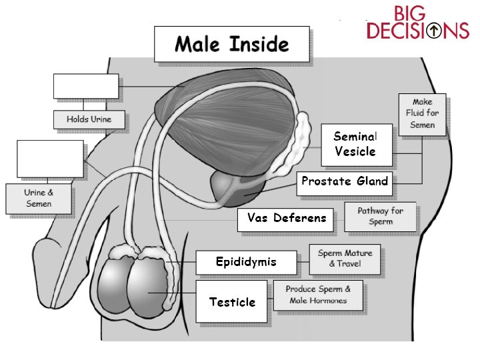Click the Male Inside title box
231,44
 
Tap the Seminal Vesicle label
356,143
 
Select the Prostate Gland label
344,181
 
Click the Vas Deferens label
287,218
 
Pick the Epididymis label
245,262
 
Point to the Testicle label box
232,302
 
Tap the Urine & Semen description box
39,199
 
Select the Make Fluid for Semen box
423,113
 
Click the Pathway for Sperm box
380,217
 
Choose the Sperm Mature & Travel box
345,259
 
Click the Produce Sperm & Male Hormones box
319,295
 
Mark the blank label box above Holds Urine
86,86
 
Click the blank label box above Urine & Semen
51,159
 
